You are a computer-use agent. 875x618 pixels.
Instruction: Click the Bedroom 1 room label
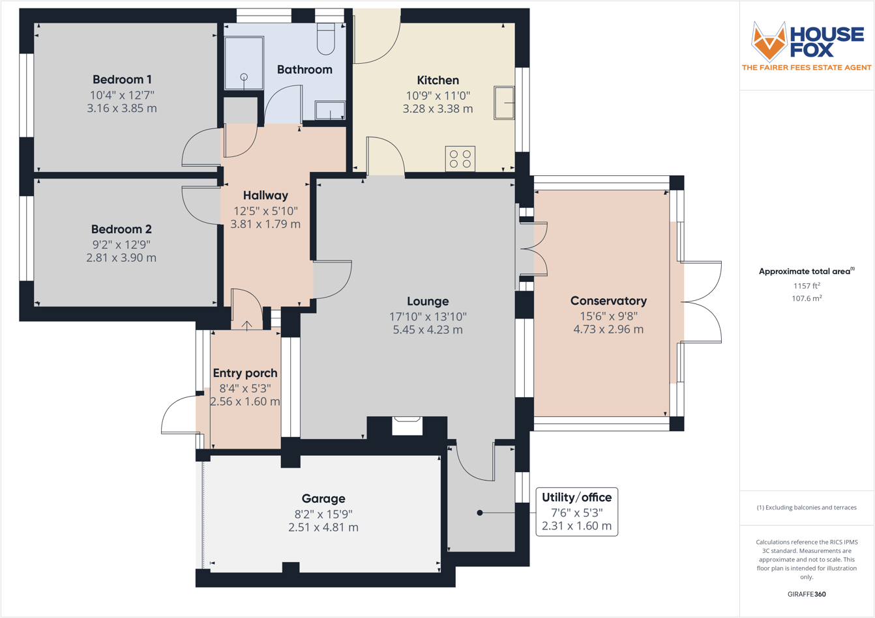pos(122,79)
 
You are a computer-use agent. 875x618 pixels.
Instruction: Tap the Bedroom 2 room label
pos(121,229)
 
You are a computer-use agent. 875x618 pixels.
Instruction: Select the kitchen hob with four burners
pos(460,159)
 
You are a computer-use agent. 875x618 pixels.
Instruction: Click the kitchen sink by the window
pos(504,103)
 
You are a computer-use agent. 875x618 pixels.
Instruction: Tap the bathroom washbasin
pos(330,111)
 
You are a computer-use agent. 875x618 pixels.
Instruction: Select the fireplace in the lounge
pos(407,425)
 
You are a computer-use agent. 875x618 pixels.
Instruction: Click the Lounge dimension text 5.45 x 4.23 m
pos(428,330)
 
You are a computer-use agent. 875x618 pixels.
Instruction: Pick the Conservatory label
pos(608,301)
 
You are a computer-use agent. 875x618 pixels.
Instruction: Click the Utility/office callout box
pos(576,512)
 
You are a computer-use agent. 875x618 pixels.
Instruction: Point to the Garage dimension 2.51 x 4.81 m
pos(323,527)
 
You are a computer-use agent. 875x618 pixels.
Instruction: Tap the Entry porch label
pos(245,373)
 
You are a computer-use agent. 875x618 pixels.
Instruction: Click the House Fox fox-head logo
pos(769,42)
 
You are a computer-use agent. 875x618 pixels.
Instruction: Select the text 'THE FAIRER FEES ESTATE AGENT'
pos(807,68)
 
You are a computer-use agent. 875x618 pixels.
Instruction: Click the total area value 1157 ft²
pos(807,286)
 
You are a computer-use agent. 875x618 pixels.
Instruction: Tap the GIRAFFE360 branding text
pos(807,594)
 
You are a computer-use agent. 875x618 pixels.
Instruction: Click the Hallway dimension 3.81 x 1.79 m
pos(265,224)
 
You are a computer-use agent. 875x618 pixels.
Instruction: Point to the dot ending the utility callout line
pos(480,513)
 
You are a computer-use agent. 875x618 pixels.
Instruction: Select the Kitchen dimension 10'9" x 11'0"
pos(437,95)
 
